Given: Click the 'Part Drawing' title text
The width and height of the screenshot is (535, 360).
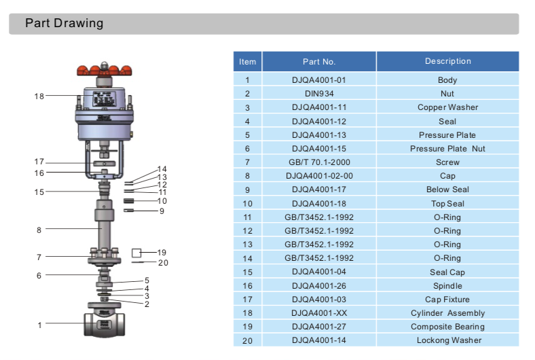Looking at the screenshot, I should (64, 24).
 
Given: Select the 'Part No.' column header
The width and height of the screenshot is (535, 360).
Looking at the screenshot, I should (318, 62).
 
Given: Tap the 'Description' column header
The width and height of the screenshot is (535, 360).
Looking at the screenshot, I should (447, 62).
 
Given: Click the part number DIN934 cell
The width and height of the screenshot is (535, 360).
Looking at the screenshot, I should (318, 94).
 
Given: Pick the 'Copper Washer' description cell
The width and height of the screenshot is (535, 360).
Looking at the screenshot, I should (447, 107).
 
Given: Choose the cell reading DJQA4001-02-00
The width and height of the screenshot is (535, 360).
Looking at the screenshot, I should (318, 176).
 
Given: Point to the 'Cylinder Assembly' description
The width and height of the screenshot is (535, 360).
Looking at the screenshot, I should (447, 313).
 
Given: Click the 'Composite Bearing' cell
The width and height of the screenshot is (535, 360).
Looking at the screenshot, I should (447, 327).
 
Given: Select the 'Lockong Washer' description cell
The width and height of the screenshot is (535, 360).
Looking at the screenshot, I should (447, 340).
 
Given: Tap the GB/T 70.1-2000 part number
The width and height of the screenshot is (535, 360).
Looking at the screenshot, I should (318, 162).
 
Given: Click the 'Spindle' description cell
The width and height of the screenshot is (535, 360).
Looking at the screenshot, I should (447, 286).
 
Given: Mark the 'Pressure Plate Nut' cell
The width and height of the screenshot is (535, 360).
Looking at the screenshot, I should (447, 149).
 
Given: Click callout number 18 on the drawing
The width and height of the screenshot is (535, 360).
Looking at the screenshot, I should (39, 96).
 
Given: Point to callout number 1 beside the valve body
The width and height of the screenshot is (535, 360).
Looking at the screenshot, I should (39, 325).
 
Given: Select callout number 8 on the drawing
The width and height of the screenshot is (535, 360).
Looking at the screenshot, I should (39, 230).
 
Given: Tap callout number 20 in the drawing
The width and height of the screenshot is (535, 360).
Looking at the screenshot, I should (163, 263).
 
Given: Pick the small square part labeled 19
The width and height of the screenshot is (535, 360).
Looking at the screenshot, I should (136, 253).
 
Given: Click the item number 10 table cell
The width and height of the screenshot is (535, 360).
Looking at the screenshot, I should (248, 204).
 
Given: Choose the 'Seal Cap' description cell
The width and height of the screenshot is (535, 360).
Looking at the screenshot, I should (447, 272).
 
